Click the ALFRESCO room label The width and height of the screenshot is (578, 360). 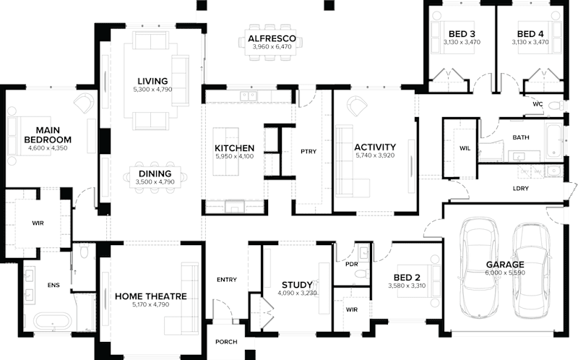[269, 38]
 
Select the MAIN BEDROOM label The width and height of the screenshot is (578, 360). [47, 134]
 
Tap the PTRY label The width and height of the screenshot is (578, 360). [309, 151]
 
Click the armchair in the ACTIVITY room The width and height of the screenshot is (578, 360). [355, 106]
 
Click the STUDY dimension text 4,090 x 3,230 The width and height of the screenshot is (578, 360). [296, 293]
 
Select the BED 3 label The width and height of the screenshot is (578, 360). [461, 34]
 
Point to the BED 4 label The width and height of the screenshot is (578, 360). [530, 34]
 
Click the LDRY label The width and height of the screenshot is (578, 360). [520, 189]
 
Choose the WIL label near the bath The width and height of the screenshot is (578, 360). [465, 148]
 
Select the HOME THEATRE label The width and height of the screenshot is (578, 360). [151, 296]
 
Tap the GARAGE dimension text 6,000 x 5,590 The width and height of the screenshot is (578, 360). [505, 273]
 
